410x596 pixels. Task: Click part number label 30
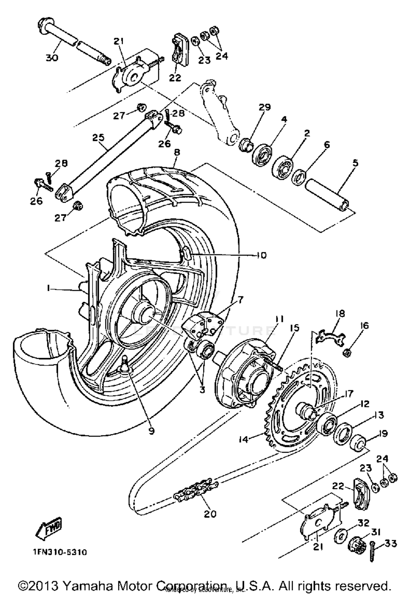point(52,58)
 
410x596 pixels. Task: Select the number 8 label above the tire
point(177,152)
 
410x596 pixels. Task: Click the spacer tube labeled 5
point(326,194)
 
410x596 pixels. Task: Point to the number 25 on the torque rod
point(98,138)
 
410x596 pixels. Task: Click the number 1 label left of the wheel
point(49,288)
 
